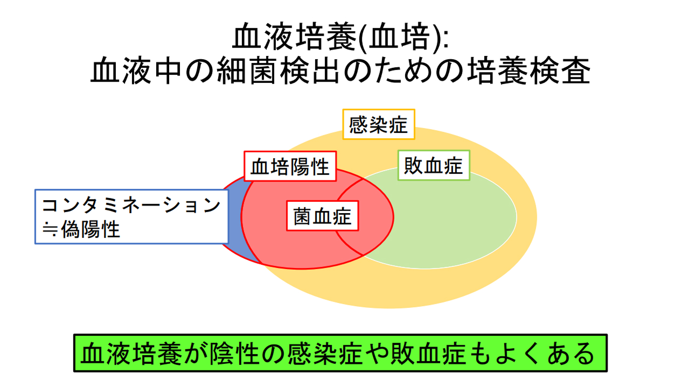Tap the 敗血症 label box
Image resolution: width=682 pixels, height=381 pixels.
(434, 165)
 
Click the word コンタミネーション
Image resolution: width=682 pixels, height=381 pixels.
(131, 206)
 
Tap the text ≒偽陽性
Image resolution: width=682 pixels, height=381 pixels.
(81, 230)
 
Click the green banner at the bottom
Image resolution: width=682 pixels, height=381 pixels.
(340, 353)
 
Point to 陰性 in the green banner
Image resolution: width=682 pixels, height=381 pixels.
(250, 354)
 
